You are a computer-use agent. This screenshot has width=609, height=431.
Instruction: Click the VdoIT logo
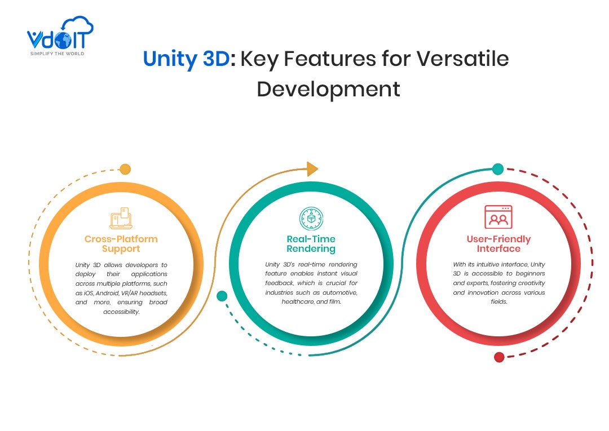pos(60,35)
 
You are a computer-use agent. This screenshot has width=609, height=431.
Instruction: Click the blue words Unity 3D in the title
pos(187,59)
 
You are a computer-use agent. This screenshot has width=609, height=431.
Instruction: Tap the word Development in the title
pos(328,90)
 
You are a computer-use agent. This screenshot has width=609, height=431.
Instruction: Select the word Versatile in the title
pos(462,59)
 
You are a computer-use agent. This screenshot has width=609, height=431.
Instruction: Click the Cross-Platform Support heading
pos(121,244)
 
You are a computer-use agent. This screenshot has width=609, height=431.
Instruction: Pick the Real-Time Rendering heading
pos(311,244)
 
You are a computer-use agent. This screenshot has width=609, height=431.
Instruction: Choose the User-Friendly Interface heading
pos(498,244)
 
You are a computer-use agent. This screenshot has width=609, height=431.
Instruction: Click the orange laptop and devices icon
pos(121,218)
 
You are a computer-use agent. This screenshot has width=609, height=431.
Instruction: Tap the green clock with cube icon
pos(311,219)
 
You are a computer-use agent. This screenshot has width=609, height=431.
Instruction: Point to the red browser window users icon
pos(498,217)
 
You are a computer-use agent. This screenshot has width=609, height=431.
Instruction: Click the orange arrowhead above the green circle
pos(312,169)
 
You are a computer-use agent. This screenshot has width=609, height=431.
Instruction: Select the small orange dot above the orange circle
pos(125,170)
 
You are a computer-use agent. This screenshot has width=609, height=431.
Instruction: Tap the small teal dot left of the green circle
pos(222,296)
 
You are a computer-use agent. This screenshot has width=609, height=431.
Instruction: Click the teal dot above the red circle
pos(498,169)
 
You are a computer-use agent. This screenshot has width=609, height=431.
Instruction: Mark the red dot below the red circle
pos(499,357)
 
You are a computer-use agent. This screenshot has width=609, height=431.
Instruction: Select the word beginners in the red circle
pos(530,274)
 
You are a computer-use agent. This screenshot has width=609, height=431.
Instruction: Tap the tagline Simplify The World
pos(57,54)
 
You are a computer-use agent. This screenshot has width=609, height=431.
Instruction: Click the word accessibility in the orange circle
pos(121,312)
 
